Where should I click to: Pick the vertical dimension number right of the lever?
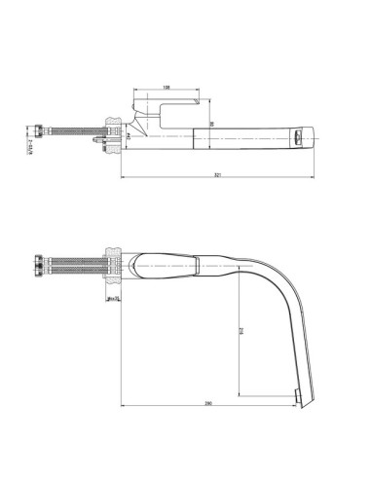(x=211, y=124)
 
